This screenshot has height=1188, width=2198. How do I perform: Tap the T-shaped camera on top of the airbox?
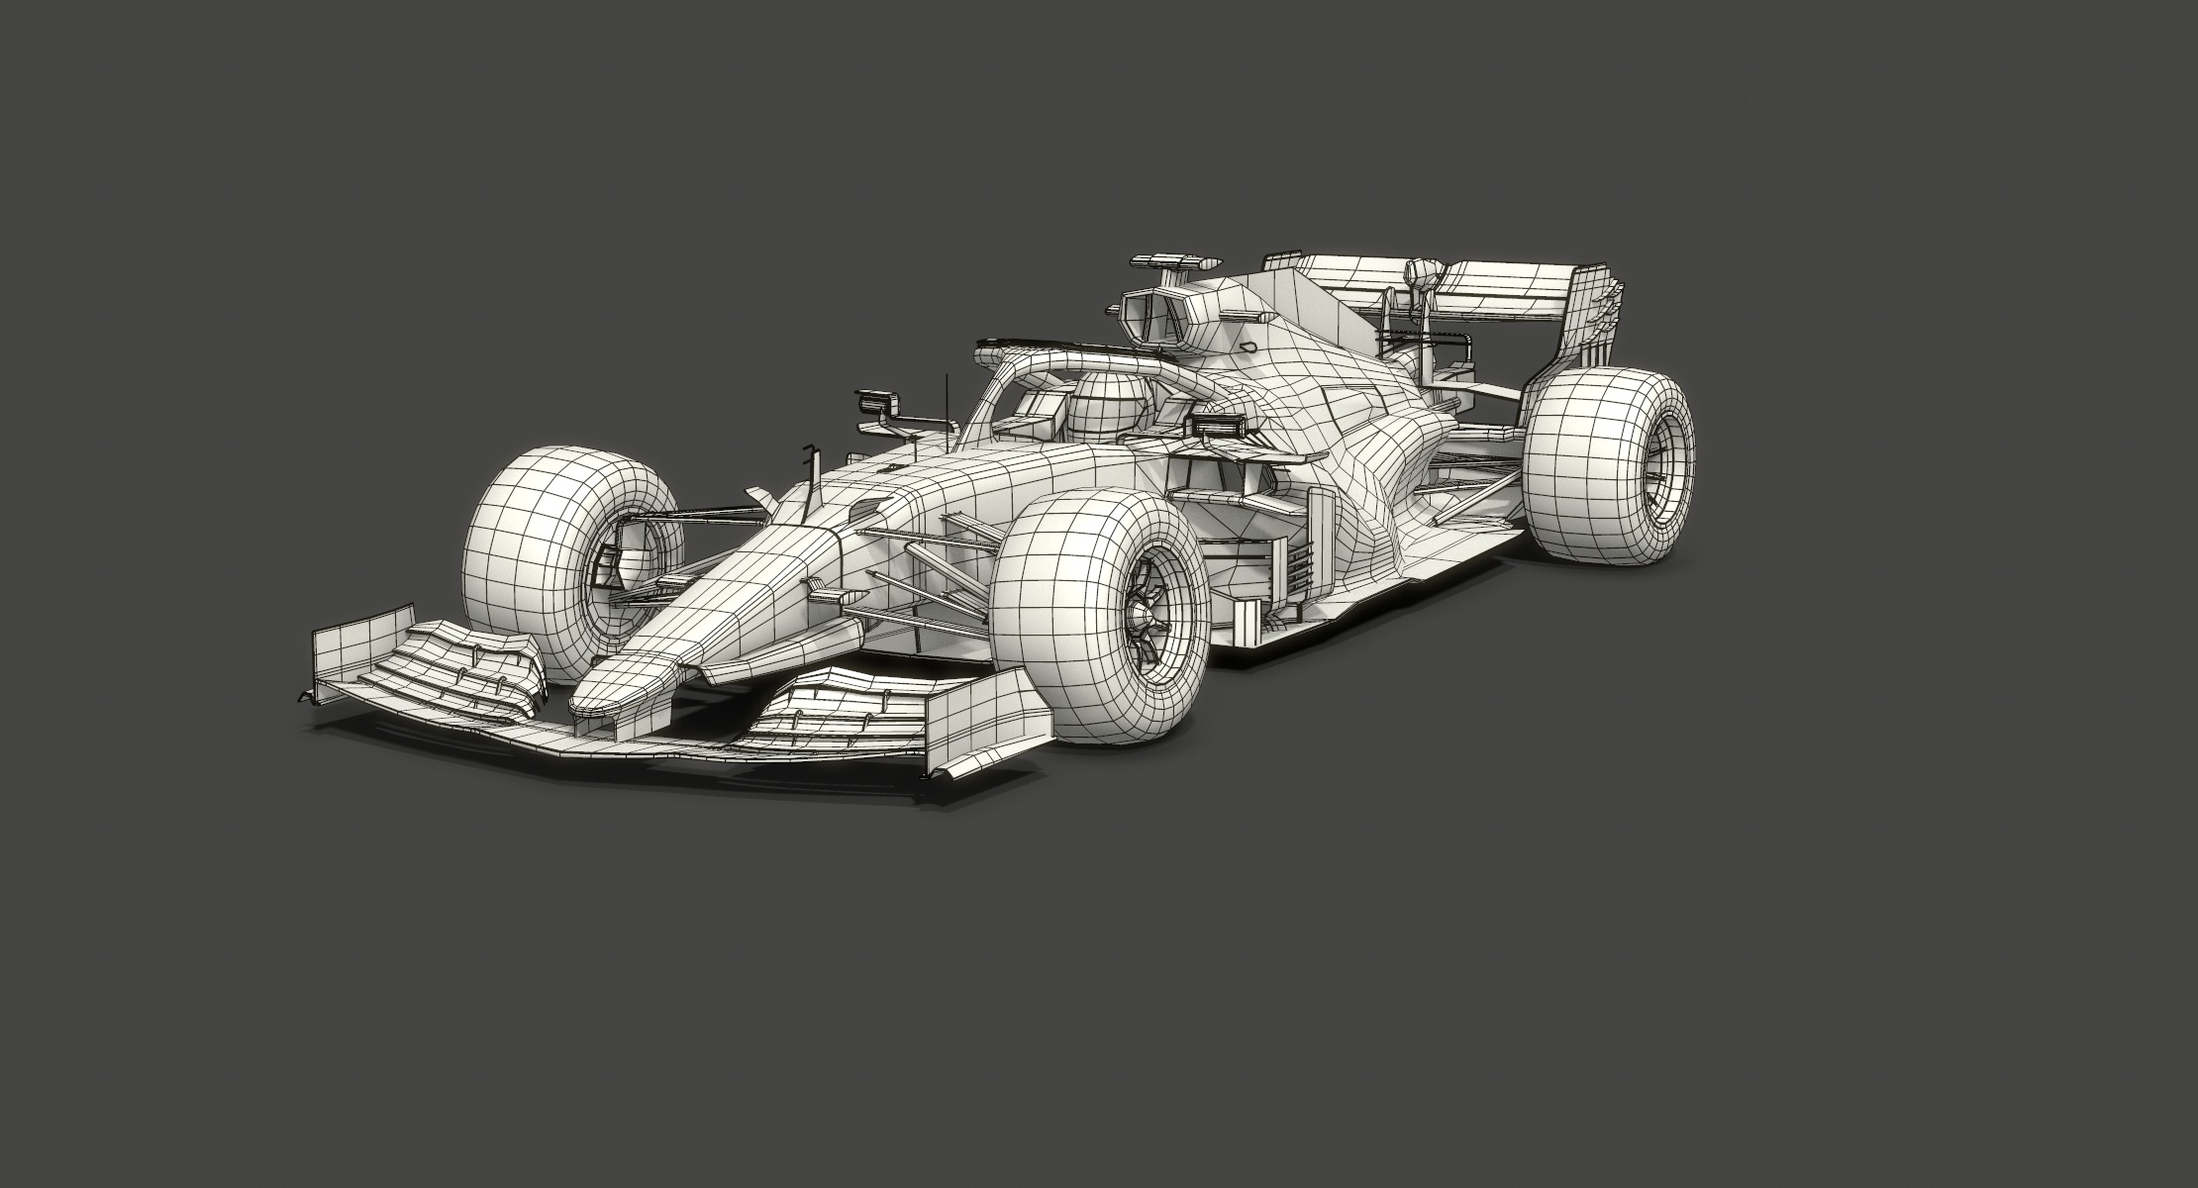coord(1172,261)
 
